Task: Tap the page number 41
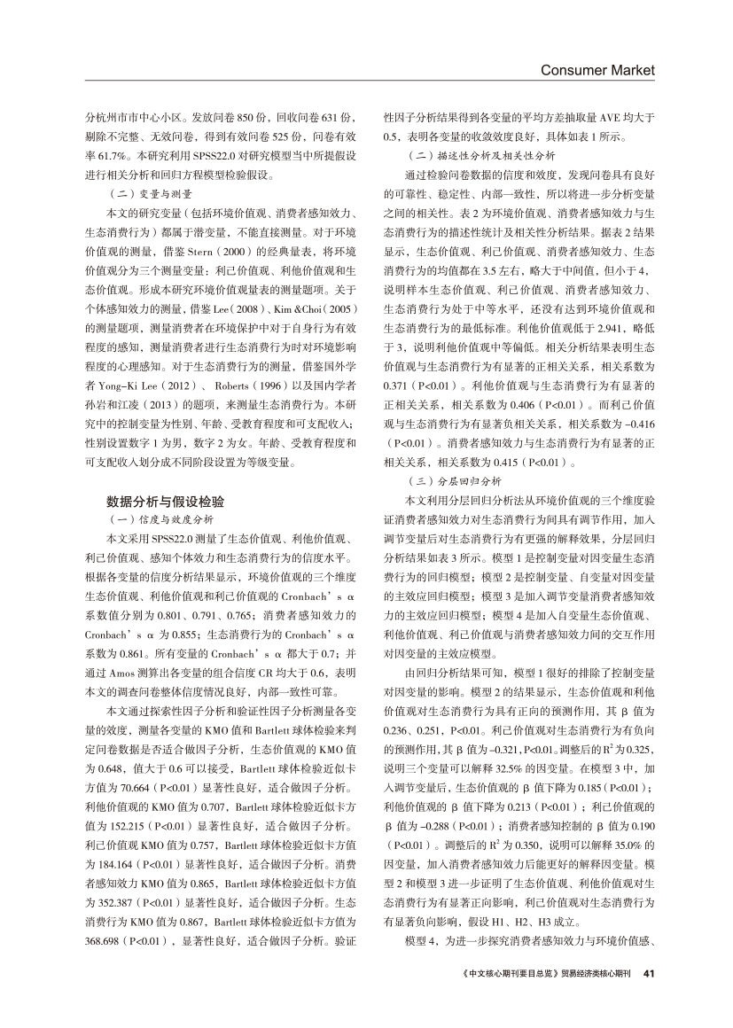tap(649, 972)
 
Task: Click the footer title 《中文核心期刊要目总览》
tap(509, 973)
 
